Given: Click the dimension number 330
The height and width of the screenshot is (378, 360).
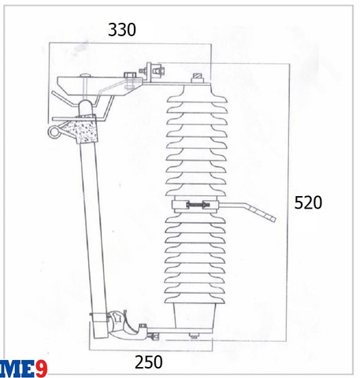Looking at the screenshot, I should [x=122, y=30].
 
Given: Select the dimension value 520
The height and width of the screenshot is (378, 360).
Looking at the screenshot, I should [x=309, y=202].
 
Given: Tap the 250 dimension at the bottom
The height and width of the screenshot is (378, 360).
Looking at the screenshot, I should [x=148, y=362].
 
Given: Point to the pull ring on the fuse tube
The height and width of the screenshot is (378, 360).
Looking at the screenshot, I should [x=55, y=134].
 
